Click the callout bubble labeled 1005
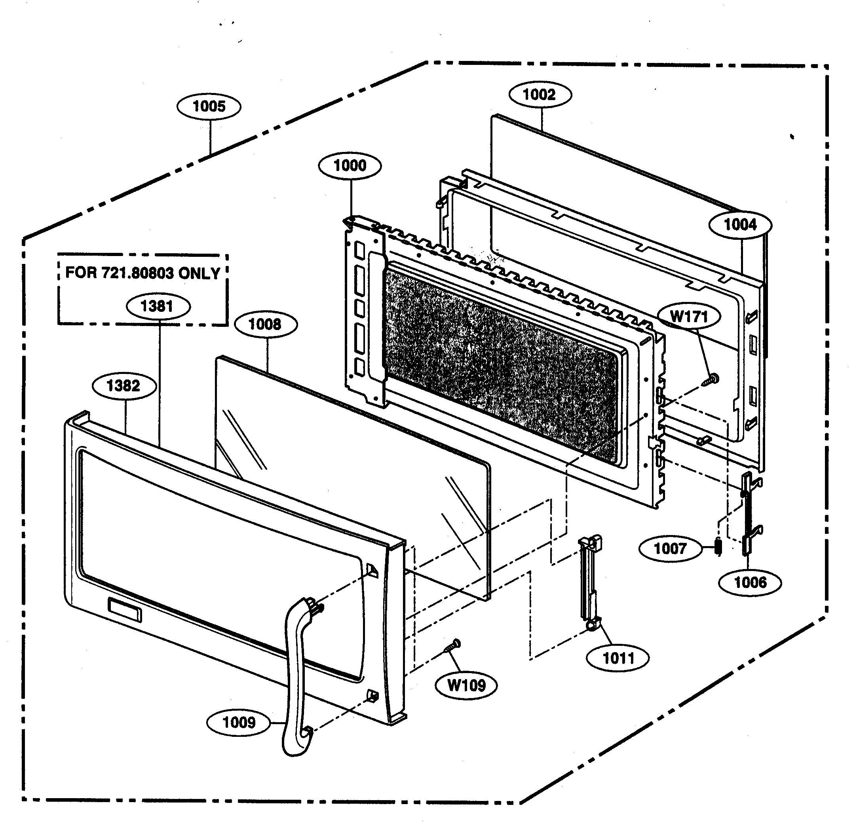[x=209, y=106]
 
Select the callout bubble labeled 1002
[x=540, y=95]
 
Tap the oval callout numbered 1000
[x=350, y=166]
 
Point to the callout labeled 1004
[x=740, y=225]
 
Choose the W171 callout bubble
[x=689, y=316]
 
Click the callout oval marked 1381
[x=158, y=306]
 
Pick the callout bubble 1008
[x=266, y=324]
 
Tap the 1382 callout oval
[x=124, y=385]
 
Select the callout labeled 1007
[x=670, y=548]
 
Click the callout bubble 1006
[x=750, y=582]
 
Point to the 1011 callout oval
[x=618, y=658]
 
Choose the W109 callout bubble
[x=467, y=685]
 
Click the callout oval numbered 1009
[x=239, y=722]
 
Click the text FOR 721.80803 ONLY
[x=143, y=273]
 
